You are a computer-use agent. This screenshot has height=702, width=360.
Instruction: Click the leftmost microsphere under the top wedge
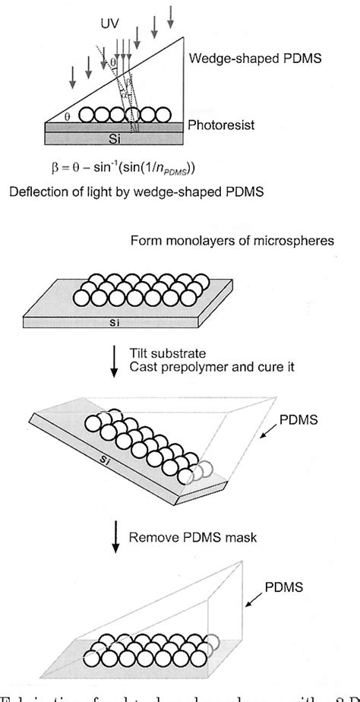tap(91, 115)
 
